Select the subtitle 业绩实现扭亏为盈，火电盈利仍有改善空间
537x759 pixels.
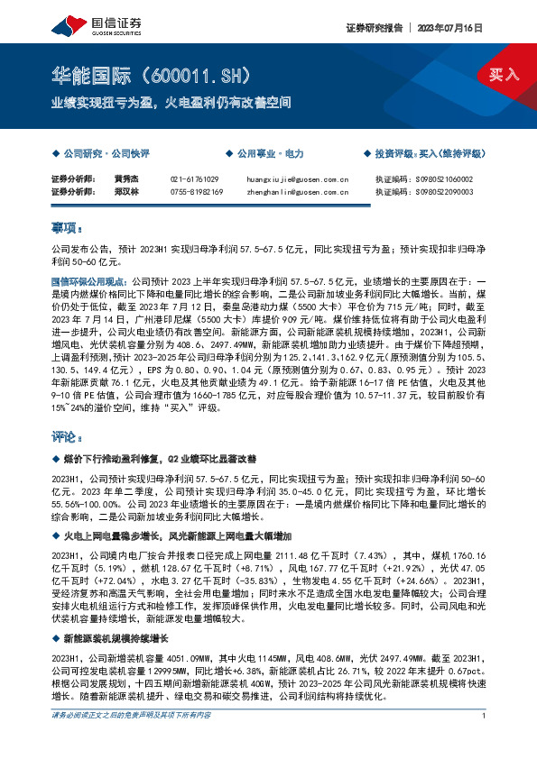click(x=171, y=103)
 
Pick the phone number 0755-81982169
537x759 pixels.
click(x=198, y=191)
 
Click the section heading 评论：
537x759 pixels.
click(x=67, y=437)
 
